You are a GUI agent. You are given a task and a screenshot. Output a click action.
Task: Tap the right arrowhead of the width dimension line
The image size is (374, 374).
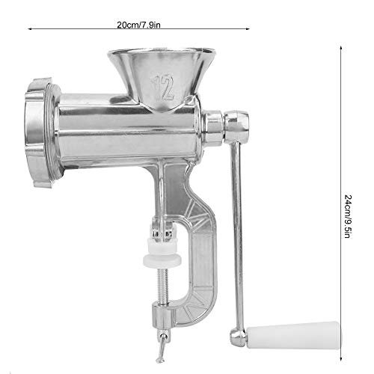pyautogui.click(x=248, y=25)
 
